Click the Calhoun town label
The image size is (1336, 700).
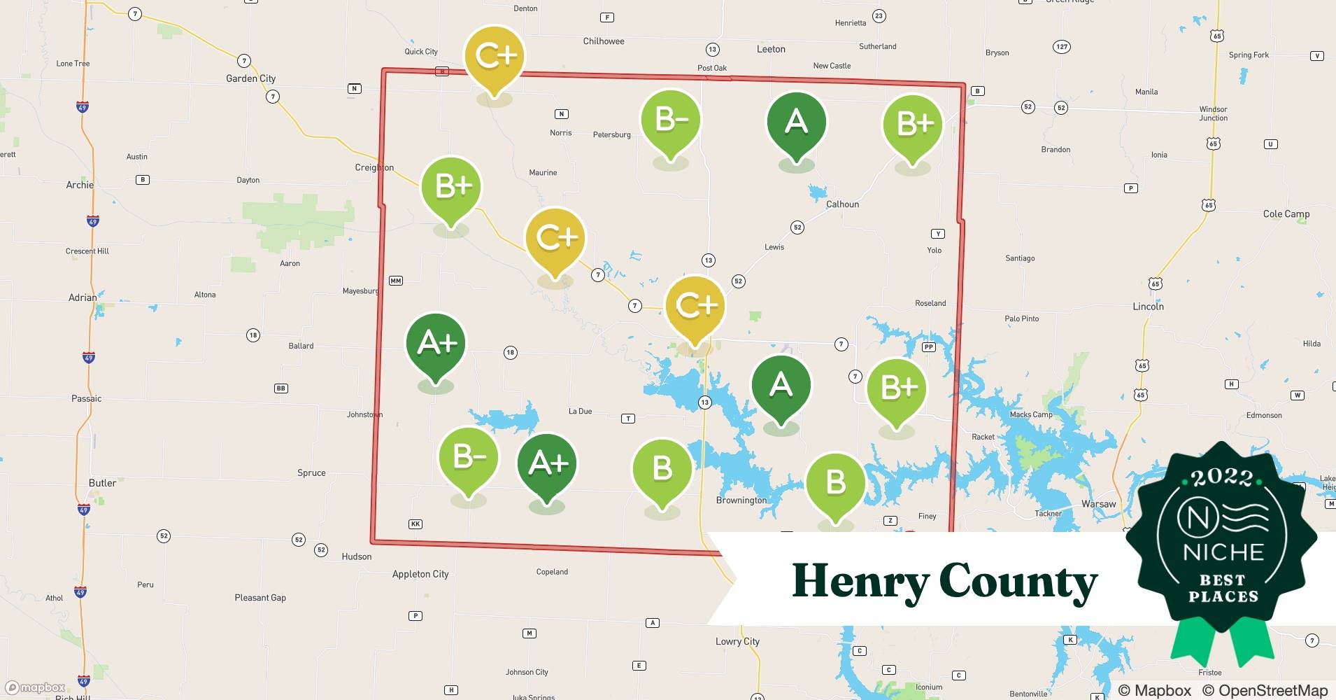pos(842,204)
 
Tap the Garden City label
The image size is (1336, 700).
pos(250,78)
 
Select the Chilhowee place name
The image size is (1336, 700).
pos(604,41)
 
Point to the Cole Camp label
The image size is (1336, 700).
pos(1286,214)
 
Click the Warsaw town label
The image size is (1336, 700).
pos(1098,504)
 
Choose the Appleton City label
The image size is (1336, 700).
pos(420,574)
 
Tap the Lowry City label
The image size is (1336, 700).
pos(737,641)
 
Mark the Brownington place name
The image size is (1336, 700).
pos(741,500)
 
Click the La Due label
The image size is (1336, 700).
pos(580,412)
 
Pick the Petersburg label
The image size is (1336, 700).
pos(611,135)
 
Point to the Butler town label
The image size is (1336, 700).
pos(102,483)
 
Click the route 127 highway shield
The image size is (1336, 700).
pos(1062,47)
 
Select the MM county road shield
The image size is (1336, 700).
pos(396,281)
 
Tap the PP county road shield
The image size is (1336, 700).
pos(928,346)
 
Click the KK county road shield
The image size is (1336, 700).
pos(415,524)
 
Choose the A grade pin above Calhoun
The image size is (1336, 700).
pos(796,123)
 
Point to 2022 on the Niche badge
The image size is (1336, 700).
pos(1222,477)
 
